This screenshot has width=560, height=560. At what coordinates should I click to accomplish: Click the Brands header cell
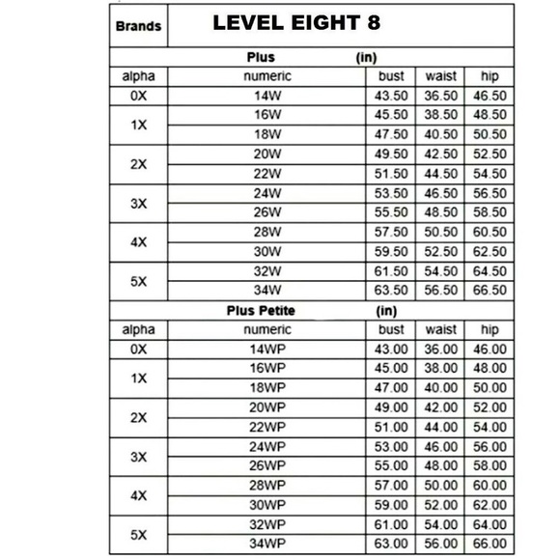point(138,26)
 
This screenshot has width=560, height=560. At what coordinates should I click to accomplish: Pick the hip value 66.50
point(487,289)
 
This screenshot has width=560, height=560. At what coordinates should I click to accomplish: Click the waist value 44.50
point(439,174)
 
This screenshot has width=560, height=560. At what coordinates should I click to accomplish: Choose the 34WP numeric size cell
point(266,543)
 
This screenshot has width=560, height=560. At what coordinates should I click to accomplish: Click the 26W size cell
point(266,211)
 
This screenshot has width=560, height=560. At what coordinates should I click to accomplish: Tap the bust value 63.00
point(391,543)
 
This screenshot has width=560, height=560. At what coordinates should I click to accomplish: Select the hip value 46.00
point(487,350)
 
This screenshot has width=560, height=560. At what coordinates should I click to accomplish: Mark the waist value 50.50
point(439,232)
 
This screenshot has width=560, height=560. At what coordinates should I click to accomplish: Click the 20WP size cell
point(266,407)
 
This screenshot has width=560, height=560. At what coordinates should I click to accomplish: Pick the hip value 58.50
point(487,211)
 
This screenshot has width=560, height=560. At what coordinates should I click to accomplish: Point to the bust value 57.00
point(391,485)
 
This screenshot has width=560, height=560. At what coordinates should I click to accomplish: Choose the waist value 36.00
point(439,350)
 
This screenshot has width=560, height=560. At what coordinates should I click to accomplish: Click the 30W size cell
point(266,251)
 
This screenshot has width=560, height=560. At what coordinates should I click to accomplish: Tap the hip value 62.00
point(487,504)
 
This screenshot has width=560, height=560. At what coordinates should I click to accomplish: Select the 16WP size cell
point(266,369)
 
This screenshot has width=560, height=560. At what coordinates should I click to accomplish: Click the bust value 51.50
point(391,174)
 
